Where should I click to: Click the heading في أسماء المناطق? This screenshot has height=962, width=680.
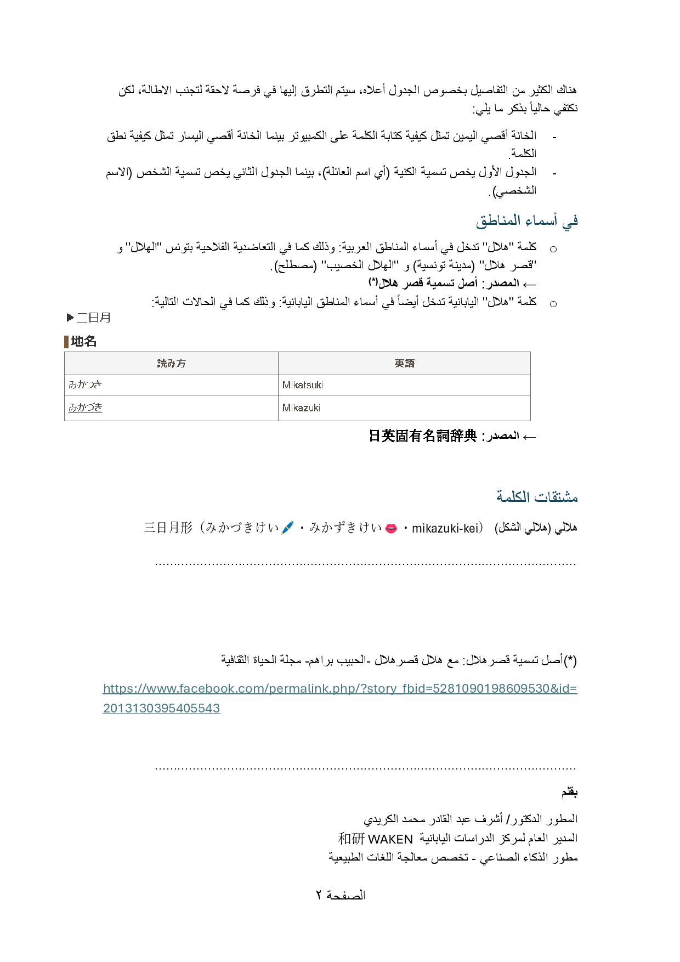coord(526,221)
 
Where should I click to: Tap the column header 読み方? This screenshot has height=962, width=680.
coord(171,363)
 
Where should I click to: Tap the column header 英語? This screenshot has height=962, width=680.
coord(404,363)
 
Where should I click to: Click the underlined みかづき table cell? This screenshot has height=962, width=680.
coord(85,408)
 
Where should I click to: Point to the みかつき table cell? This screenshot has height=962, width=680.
coord(85,384)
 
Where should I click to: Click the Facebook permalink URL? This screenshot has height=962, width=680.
coord(339,698)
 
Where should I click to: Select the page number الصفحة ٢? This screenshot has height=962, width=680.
coord(340,896)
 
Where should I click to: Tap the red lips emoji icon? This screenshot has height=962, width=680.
coord(391,528)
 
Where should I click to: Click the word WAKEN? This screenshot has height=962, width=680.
coord(390,839)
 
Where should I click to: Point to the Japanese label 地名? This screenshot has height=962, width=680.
coord(83,342)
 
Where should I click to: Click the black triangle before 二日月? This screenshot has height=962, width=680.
coord(70,317)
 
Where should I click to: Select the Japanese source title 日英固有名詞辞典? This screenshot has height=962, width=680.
coord(422,437)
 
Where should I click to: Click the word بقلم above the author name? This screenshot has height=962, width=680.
coord(569,793)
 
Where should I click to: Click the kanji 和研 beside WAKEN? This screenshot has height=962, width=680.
coord(351,839)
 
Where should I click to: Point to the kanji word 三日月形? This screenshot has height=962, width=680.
coord(168,528)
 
